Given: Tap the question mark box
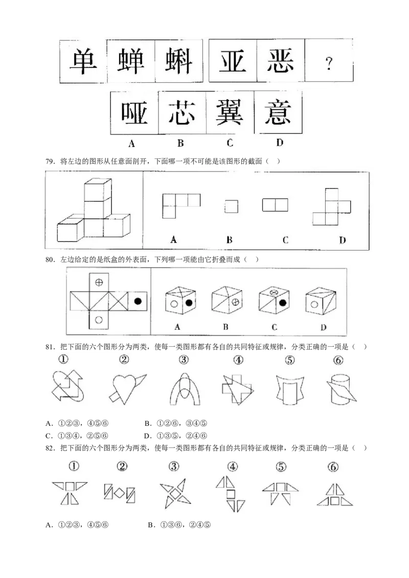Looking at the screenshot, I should pyautogui.click(x=329, y=63).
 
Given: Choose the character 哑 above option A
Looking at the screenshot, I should pyautogui.click(x=134, y=112).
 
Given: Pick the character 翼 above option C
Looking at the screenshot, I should pyautogui.click(x=230, y=112).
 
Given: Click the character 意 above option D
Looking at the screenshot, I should pyautogui.click(x=279, y=112).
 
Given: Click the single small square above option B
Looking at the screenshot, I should pyautogui.click(x=231, y=206).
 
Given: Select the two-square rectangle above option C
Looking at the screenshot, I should pyautogui.click(x=276, y=205).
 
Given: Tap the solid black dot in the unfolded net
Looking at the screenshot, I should pyautogui.click(x=138, y=301).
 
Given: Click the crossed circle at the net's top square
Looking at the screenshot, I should pyautogui.click(x=99, y=281).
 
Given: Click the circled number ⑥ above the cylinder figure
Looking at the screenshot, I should pyautogui.click(x=338, y=360).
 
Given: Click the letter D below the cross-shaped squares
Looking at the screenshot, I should pyautogui.click(x=342, y=240).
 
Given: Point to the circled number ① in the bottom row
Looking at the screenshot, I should pyautogui.click(x=75, y=466).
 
